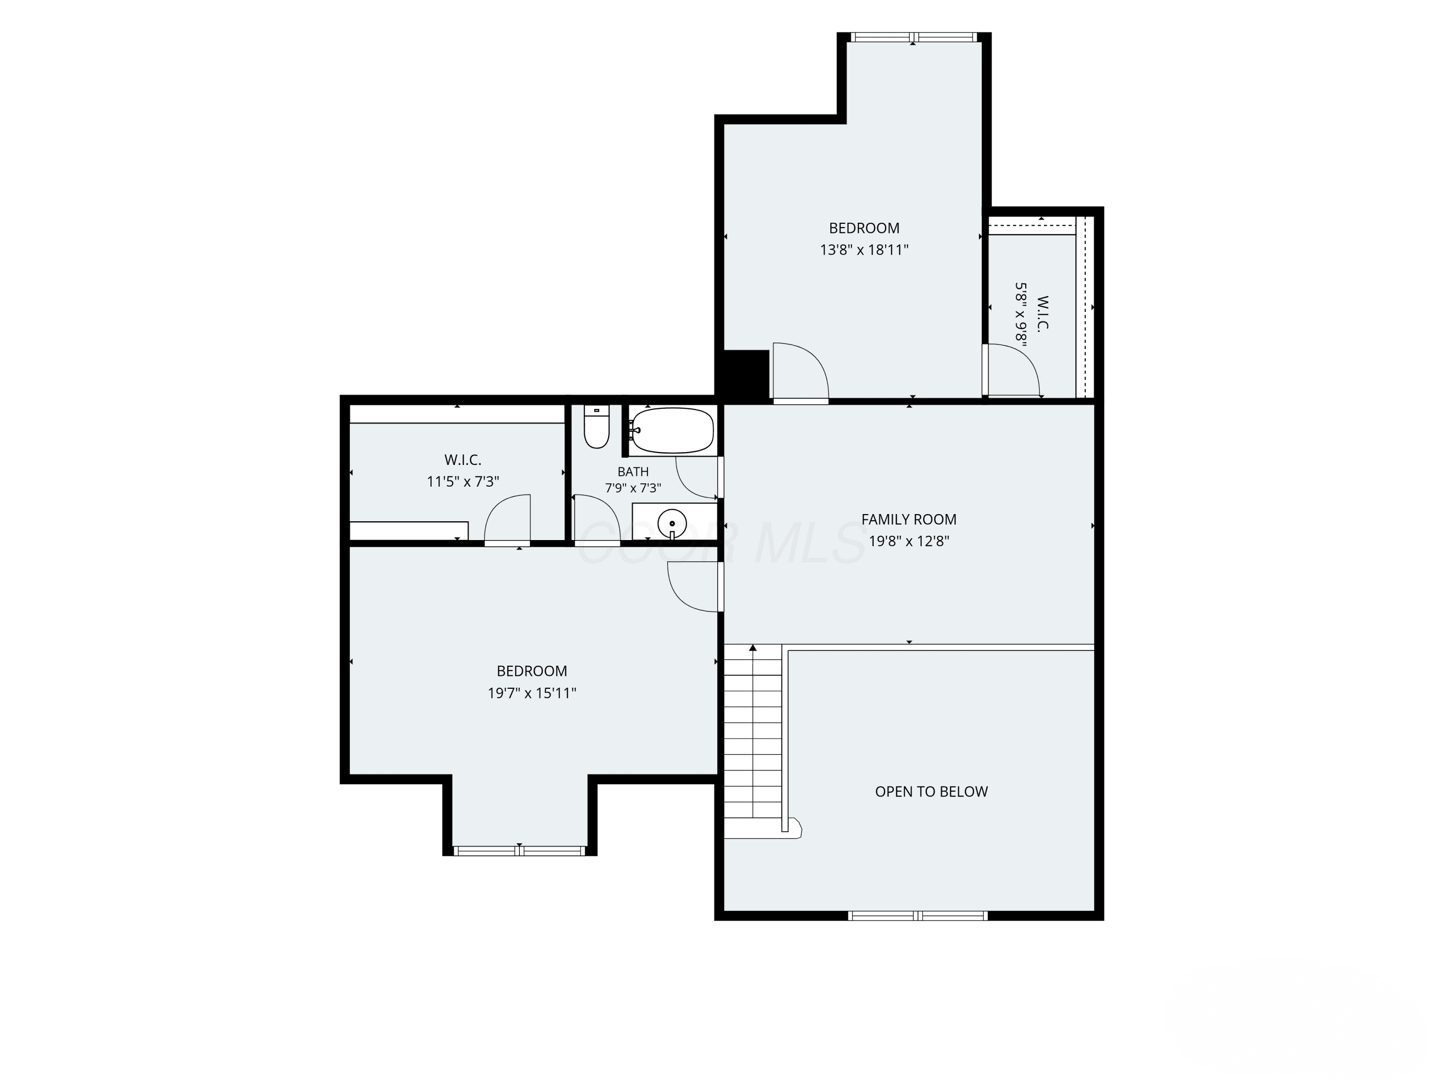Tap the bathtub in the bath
672,430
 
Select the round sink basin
672,522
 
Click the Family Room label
909,520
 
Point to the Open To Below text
931,792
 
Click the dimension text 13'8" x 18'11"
864,249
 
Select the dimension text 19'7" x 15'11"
532,693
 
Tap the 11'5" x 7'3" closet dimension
463,482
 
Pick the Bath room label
633,471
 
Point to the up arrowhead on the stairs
753,647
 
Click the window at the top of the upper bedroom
914,37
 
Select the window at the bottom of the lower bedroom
520,851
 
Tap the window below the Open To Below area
918,916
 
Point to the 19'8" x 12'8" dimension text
909,541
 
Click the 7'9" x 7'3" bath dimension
633,488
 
